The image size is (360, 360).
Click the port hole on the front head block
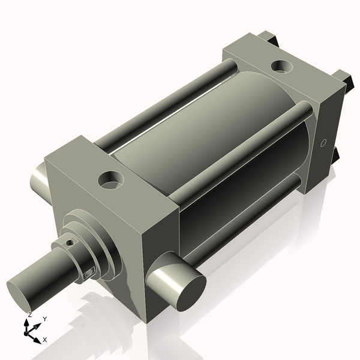click(112, 179)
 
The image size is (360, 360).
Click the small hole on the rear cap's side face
click(323, 143)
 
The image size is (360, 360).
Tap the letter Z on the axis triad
click(29, 314)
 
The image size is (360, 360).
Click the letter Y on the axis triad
click(44, 319)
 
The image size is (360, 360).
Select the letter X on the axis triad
click(44, 340)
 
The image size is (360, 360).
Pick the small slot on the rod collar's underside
click(90, 273)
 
